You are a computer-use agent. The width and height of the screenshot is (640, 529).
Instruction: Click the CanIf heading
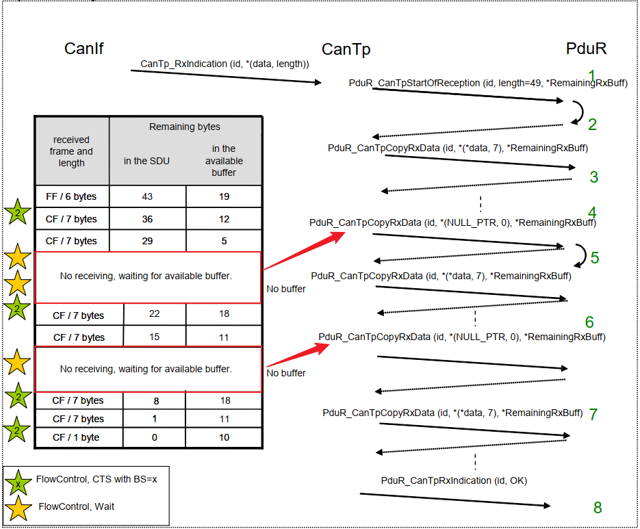pyautogui.click(x=84, y=49)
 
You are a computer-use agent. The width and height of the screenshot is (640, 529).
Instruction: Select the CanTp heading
pyautogui.click(x=346, y=49)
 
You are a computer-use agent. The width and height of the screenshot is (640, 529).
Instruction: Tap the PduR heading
pyautogui.click(x=586, y=49)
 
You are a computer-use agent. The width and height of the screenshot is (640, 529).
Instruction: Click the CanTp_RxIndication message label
pyautogui.click(x=225, y=64)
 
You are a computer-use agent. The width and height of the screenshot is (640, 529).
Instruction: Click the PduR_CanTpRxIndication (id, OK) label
pyautogui.click(x=454, y=480)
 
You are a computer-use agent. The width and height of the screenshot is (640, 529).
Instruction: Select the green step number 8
pyautogui.click(x=598, y=507)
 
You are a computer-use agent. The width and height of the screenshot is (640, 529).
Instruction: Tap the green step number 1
pyautogui.click(x=591, y=75)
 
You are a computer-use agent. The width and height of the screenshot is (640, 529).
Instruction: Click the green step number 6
pyautogui.click(x=589, y=322)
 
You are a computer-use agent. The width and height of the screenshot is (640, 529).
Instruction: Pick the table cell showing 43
pyautogui.click(x=147, y=196)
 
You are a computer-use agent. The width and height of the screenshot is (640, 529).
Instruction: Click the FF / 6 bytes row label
pyautogui.click(x=71, y=196)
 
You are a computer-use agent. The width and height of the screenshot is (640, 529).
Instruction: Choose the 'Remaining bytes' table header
pyautogui.click(x=185, y=127)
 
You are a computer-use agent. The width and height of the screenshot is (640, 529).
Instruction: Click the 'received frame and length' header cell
pyautogui.click(x=72, y=151)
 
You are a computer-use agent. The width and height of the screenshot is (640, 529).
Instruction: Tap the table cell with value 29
pyautogui.click(x=147, y=241)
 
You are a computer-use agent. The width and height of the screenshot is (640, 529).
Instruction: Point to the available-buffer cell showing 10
pyautogui.click(x=223, y=437)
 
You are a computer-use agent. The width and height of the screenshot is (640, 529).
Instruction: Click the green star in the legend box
pyautogui.click(x=18, y=480)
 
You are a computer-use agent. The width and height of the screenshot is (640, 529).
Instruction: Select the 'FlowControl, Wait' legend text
pyautogui.click(x=77, y=506)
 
